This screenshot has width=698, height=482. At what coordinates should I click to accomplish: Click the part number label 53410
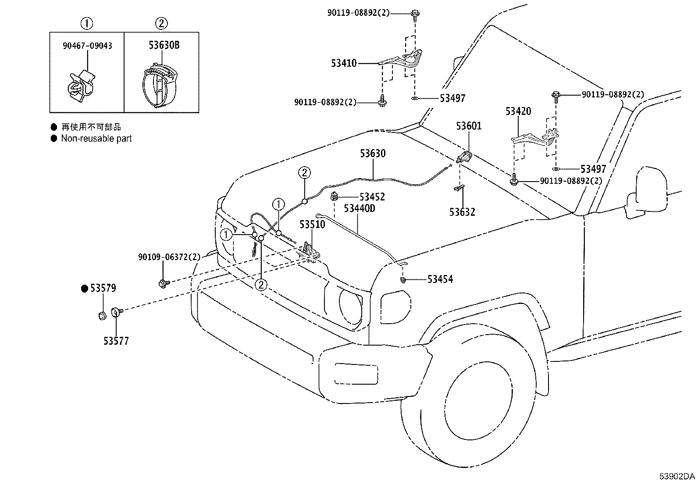pos(344,63)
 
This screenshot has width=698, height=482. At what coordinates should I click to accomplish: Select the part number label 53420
pos(518,111)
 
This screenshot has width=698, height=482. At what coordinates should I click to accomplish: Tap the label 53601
pos(469,126)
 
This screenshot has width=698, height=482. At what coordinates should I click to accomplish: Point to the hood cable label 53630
pos(373,154)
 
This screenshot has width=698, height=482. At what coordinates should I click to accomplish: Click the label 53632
pos(462,212)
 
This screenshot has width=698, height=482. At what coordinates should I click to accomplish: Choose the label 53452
pos(372,197)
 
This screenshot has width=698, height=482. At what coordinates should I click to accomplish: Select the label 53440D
pos(359,208)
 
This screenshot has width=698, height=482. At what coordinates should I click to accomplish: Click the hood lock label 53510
pos(312,225)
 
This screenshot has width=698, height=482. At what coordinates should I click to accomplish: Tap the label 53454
pos(440,279)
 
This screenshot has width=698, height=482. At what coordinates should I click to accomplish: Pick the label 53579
pos(103,288)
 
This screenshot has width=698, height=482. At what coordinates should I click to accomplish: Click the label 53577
pos(116,341)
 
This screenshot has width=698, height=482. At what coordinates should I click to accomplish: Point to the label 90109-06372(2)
pos(169,257)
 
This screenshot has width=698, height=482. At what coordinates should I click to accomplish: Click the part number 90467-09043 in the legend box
pos(87,46)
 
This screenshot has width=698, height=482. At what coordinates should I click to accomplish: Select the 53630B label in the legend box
pos(164,45)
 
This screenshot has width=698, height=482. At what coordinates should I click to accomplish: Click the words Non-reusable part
pos(96,139)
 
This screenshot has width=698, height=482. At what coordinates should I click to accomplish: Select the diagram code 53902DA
pos(677,476)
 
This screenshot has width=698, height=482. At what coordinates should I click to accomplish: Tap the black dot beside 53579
pos(85,289)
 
